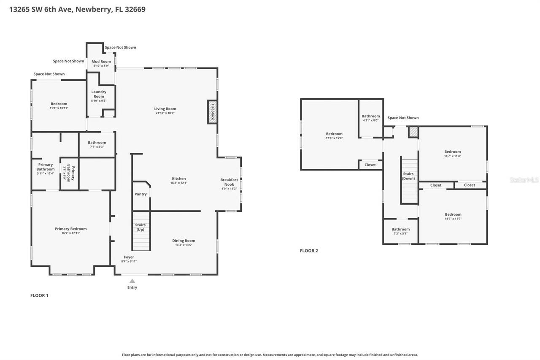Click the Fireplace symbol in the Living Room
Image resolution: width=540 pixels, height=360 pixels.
(212, 112)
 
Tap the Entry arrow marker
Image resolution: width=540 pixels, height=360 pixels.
(132, 281)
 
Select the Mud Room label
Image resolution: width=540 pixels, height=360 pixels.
(101, 62)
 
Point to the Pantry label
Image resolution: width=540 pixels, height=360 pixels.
(140, 194)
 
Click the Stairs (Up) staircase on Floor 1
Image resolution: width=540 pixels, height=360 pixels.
(141, 236)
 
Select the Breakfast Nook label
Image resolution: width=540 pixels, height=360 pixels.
(229, 182)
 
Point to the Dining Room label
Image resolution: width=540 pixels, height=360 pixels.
(184, 241)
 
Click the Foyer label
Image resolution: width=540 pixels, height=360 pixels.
(129, 257)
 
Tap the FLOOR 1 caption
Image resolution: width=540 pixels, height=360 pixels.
(39, 295)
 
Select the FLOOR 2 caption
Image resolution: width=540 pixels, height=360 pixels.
(309, 251)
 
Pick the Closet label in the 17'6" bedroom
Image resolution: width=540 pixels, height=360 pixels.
(370, 165)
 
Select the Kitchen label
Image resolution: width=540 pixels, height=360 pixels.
(178, 179)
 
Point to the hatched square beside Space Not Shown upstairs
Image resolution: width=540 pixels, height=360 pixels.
(413, 132)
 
